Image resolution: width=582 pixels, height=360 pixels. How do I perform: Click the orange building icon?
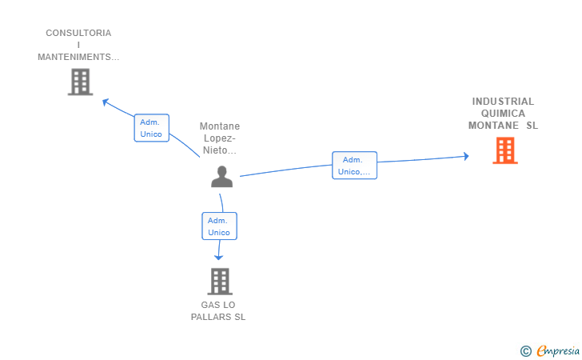coord(505,150)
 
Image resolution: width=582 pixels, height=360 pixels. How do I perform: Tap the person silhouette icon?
coord(222,177)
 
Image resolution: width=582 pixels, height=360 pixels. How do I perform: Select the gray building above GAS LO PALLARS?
coord(220,282)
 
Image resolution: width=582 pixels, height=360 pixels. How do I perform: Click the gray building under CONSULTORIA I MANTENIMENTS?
coord(80,82)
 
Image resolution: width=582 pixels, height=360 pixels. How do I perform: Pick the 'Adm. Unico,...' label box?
coord(354,166)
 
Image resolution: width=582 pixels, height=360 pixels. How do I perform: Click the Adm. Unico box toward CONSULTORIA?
coord(151,128)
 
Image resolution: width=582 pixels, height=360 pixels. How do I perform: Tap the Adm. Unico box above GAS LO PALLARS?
coord(219,226)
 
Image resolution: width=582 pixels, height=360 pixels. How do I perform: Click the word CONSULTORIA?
coord(78,33)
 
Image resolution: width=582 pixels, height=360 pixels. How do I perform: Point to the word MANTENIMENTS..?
coord(74,57)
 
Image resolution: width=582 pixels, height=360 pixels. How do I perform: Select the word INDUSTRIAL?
coord(503,102)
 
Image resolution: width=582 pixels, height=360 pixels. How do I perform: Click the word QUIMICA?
coord(503,114)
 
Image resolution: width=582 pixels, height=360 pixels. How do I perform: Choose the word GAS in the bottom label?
coord(209,305)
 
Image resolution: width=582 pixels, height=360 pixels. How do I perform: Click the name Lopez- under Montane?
coord(220,138)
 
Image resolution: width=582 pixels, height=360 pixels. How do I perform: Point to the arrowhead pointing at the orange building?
coord(467,156)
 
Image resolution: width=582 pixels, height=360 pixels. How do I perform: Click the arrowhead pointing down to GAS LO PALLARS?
coord(218,258)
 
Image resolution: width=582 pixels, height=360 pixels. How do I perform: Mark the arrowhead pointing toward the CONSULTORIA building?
coord(105,102)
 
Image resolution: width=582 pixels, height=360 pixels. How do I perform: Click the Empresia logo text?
coord(558,351)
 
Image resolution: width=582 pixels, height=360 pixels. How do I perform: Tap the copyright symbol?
coord(526,351)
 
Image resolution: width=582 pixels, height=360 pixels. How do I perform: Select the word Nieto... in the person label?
coord(219,150)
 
